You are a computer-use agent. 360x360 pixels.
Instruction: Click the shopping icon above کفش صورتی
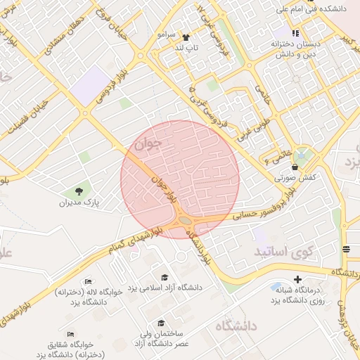pyautogui.click(x=293, y=167)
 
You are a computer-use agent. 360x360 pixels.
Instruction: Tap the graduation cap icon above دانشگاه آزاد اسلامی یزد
pyautogui.click(x=165, y=278)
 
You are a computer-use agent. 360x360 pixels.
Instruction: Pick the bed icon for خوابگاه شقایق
pyautogui.click(x=70, y=334)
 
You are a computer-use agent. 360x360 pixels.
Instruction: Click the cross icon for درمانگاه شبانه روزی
pyautogui.click(x=297, y=279)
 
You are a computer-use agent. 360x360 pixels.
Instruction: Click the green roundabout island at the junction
pyautogui.click(x=185, y=221)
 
